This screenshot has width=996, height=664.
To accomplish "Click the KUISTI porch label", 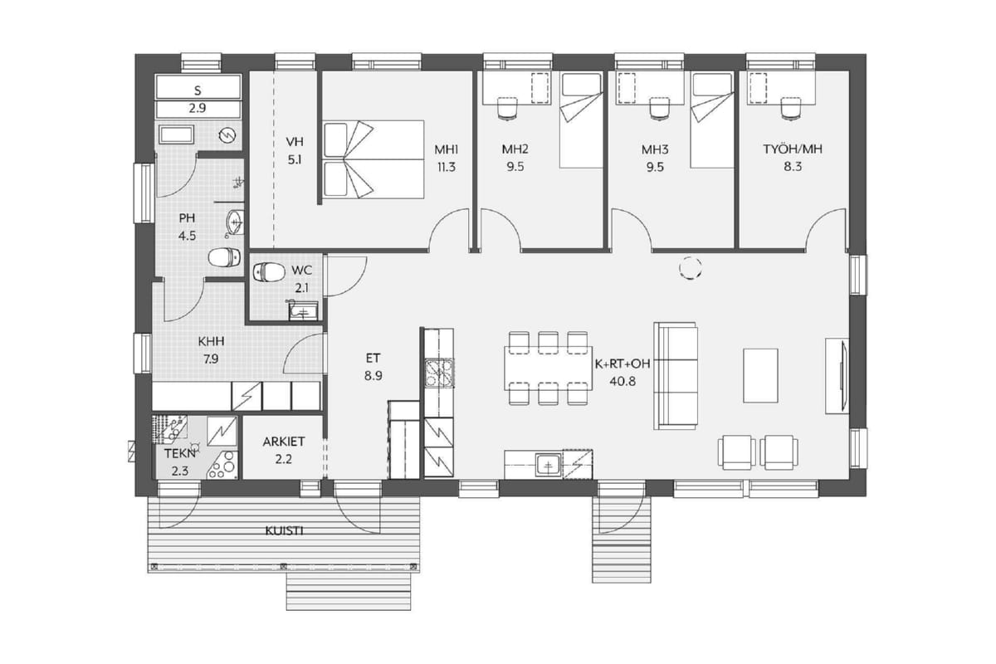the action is click(x=284, y=530).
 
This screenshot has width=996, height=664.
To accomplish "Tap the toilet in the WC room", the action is click(x=269, y=272).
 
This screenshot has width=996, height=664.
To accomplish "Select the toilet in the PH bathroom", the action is click(x=225, y=258).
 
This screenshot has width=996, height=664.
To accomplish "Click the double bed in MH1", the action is click(x=373, y=159).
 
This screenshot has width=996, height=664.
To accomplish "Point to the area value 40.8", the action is click(x=622, y=381).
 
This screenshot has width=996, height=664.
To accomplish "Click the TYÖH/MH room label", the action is click(x=793, y=149).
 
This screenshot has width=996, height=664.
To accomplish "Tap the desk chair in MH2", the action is click(x=508, y=109).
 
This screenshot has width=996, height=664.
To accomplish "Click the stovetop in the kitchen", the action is click(x=439, y=373).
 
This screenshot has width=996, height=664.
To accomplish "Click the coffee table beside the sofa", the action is click(x=760, y=376).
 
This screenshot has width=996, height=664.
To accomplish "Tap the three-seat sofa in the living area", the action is click(x=676, y=376).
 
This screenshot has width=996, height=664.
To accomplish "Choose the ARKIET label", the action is click(x=284, y=442).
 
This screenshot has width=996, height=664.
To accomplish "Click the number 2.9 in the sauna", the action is click(x=198, y=108).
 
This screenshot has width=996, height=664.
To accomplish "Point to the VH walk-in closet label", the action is click(x=295, y=142).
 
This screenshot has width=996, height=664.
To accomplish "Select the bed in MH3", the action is click(x=711, y=120).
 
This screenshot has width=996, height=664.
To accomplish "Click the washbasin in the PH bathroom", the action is click(x=235, y=221).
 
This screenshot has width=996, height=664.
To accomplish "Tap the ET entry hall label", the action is click(x=373, y=358).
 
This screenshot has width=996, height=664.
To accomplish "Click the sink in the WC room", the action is click(x=303, y=311).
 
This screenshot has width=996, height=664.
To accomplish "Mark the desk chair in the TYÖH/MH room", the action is click(x=791, y=109).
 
